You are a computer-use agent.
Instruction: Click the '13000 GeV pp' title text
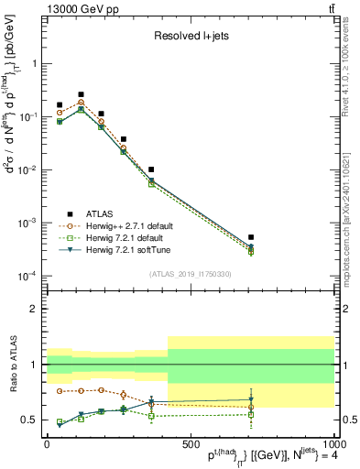pyautogui.click(x=81, y=8)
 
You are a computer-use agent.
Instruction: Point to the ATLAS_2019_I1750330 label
pyautogui.click(x=190, y=272)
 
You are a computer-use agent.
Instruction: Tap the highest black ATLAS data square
pyautogui.click(x=82, y=94)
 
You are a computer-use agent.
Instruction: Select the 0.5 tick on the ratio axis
pyautogui.click(x=30, y=420)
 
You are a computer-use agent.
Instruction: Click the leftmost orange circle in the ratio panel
pyautogui.click(x=60, y=391)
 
